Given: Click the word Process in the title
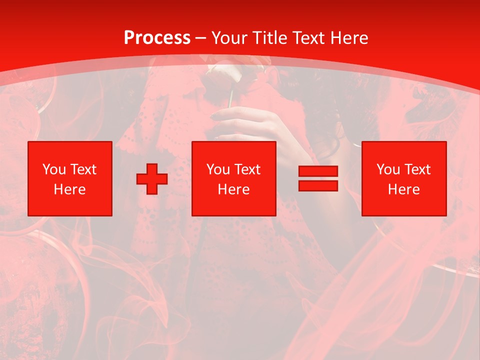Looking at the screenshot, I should point(157,38).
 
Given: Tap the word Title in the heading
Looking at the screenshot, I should point(270,38).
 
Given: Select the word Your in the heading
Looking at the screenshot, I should point(229,38).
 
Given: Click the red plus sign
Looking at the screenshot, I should point(152,179).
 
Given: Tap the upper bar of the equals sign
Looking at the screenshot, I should point(318,171).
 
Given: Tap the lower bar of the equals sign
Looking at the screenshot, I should point(318,185).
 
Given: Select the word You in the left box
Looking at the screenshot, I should point(53,169).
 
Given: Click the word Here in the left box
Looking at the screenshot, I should point(69,189).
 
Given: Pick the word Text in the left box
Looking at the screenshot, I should point(82,169).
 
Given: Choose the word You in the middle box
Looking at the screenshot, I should point(217,169).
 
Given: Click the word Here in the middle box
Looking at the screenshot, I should point(233,189).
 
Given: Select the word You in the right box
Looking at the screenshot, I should point(387,169).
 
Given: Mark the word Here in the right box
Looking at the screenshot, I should point(403,189).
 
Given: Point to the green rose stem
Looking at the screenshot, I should point(230,99).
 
